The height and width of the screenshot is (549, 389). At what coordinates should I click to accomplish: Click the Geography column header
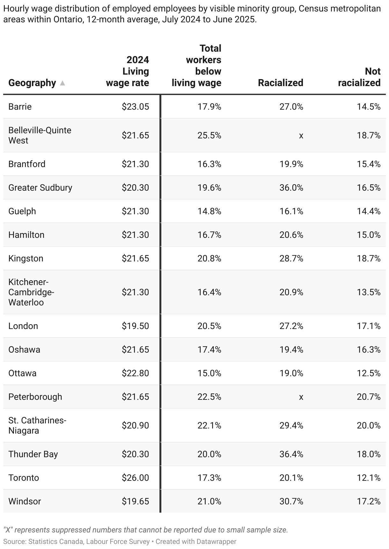(32, 83)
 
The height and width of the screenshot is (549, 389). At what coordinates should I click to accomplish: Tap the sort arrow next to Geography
(62, 83)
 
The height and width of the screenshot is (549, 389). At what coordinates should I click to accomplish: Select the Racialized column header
(280, 83)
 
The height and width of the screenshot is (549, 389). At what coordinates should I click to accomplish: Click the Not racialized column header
(359, 77)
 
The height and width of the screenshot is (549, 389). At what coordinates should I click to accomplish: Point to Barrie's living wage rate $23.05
(135, 106)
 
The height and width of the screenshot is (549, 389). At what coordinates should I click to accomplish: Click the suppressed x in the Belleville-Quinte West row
(301, 135)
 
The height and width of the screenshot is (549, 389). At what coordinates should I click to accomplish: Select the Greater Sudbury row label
(40, 187)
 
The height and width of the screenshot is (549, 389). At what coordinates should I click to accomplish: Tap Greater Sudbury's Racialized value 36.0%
(291, 187)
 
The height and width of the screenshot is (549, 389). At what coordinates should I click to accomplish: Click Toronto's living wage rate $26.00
(135, 478)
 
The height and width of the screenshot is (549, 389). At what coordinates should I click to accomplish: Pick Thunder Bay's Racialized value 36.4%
(291, 454)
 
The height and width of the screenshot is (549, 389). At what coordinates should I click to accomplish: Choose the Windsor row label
(25, 501)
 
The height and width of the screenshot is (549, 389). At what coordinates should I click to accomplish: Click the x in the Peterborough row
(301, 397)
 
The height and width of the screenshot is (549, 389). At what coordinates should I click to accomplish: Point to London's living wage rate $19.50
(135, 326)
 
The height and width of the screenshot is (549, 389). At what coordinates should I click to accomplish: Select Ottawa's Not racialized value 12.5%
(369, 373)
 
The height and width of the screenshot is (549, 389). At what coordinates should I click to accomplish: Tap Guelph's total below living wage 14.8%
(209, 211)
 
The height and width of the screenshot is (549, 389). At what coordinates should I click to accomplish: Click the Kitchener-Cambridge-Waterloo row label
(31, 292)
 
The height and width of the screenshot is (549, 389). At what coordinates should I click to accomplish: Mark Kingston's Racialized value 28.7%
(291, 258)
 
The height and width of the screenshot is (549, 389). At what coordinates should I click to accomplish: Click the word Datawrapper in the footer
(216, 541)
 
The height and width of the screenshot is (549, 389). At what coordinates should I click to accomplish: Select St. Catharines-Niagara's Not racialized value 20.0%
(369, 425)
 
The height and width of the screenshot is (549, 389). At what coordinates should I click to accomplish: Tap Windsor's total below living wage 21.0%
(209, 501)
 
